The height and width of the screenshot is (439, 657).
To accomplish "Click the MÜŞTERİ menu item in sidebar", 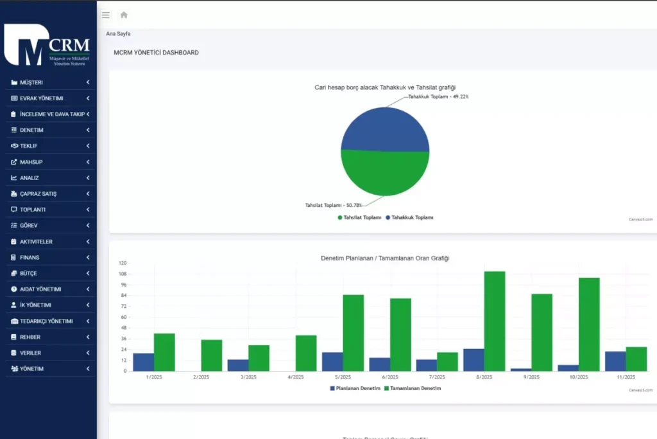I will pyautogui.click(x=31, y=82).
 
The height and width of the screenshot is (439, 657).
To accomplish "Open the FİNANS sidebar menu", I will pyautogui.click(x=30, y=257).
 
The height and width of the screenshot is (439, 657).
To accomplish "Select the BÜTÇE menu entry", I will pyautogui.click(x=30, y=273).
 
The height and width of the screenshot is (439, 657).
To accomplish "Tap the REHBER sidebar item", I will pyautogui.click(x=30, y=337).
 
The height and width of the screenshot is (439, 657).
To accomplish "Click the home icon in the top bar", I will pyautogui.click(x=124, y=15).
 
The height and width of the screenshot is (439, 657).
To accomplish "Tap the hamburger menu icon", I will pyautogui.click(x=106, y=15).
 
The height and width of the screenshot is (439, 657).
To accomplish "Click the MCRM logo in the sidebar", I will pyautogui.click(x=47, y=45).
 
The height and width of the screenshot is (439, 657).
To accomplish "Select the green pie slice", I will pyautogui.click(x=385, y=174).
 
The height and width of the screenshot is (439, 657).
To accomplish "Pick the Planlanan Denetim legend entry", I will pyautogui.click(x=355, y=388).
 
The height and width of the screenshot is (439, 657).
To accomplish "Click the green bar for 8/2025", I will pyautogui.click(x=495, y=321).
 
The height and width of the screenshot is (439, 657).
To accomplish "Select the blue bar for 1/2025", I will pyautogui.click(x=143, y=362).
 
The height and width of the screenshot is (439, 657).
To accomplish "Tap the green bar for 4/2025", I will pyautogui.click(x=306, y=353).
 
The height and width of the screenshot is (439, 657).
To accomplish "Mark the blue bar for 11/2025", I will pyautogui.click(x=615, y=361).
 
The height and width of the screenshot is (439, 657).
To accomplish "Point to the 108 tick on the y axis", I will pyautogui.click(x=123, y=274).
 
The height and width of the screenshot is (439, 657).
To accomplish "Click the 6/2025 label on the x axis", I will pyautogui.click(x=389, y=377).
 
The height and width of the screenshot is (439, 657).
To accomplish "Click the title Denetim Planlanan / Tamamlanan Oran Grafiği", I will pyautogui.click(x=385, y=258).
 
